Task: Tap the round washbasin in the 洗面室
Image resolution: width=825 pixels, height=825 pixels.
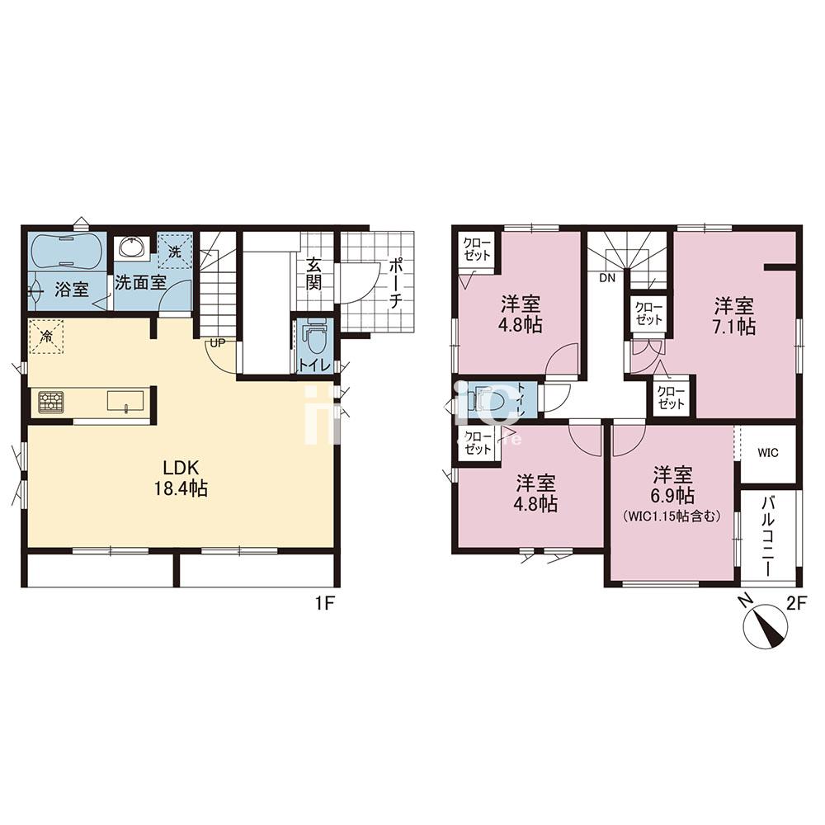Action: tap(132, 247)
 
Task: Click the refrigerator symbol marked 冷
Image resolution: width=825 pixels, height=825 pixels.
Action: tap(46, 337)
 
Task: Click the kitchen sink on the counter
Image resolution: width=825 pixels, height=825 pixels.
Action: tap(125, 401)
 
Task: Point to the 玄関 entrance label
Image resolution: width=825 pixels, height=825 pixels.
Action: tap(314, 274)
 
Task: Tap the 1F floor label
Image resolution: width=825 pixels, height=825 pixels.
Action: tap(323, 603)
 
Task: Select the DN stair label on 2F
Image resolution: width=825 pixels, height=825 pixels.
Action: tap(607, 278)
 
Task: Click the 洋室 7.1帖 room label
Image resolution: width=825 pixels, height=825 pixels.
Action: tap(733, 315)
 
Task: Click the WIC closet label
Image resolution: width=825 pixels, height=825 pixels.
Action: tap(768, 453)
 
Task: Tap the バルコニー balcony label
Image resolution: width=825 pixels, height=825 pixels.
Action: tap(767, 537)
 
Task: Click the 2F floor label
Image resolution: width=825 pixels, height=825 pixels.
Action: tap(795, 603)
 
